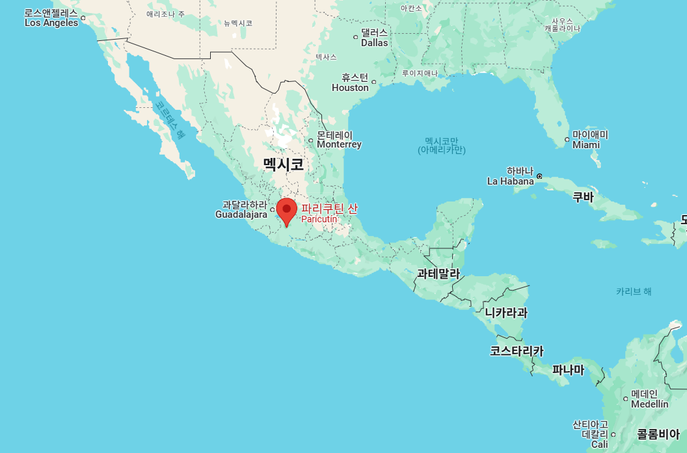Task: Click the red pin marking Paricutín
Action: [x=286, y=210]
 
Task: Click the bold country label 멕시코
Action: [x=284, y=164]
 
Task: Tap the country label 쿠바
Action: [x=582, y=198]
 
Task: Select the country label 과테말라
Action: [x=438, y=274]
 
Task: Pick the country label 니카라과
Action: [x=506, y=313]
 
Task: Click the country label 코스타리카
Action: [x=517, y=351]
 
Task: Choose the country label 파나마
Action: [x=568, y=370]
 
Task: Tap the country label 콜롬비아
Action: [x=658, y=434]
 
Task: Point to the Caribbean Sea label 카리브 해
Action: [x=634, y=291]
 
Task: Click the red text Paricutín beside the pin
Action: [x=319, y=219]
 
